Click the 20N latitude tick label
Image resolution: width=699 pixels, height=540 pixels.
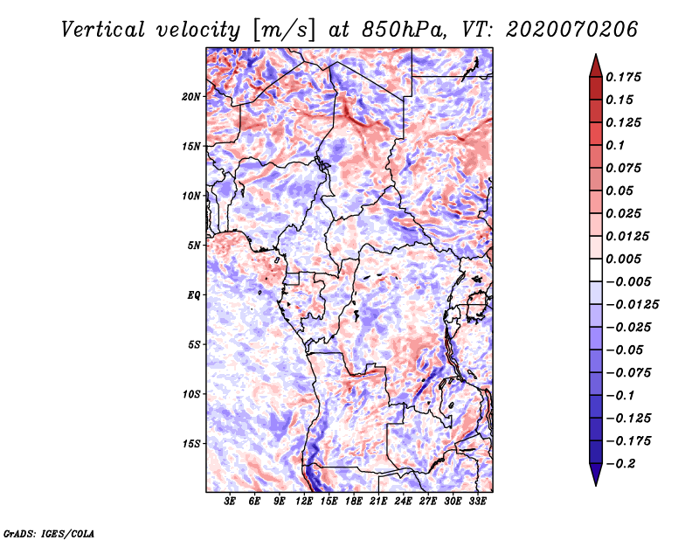tap(191, 96)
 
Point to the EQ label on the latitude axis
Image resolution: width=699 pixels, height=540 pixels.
tap(194, 294)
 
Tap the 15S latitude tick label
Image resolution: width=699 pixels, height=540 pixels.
tap(191, 444)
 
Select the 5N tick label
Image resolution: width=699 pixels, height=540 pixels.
tap(194, 246)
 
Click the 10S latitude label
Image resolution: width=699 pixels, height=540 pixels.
tap(191, 394)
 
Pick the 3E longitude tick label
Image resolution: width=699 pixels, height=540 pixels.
tap(231, 502)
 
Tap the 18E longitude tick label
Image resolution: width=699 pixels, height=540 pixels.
tap(354, 502)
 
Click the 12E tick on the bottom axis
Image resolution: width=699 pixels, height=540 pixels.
tap(305, 502)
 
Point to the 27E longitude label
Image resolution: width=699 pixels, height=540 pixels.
tap(428, 502)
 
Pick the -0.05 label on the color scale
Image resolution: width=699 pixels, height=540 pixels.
tap(627, 350)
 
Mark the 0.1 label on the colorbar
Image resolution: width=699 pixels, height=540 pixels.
tap(618, 145)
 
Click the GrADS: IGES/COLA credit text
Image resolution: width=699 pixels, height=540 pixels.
tap(48, 532)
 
